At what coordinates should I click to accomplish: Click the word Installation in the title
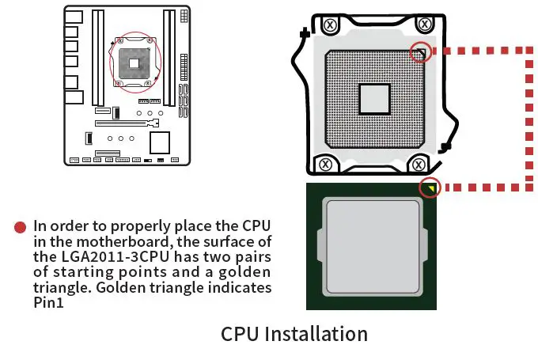[x=316, y=334]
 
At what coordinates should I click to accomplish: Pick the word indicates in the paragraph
[x=239, y=286]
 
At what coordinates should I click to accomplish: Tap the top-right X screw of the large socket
[x=426, y=25]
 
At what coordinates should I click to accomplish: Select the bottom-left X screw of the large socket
[x=325, y=165]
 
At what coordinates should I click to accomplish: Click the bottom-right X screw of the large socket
[x=419, y=165]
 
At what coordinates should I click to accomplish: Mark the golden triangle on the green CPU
[x=430, y=188]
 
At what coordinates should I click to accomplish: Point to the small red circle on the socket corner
[x=422, y=54]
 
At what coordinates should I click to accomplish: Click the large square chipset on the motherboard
[x=161, y=142]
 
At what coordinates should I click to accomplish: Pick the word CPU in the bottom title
[x=242, y=334]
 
